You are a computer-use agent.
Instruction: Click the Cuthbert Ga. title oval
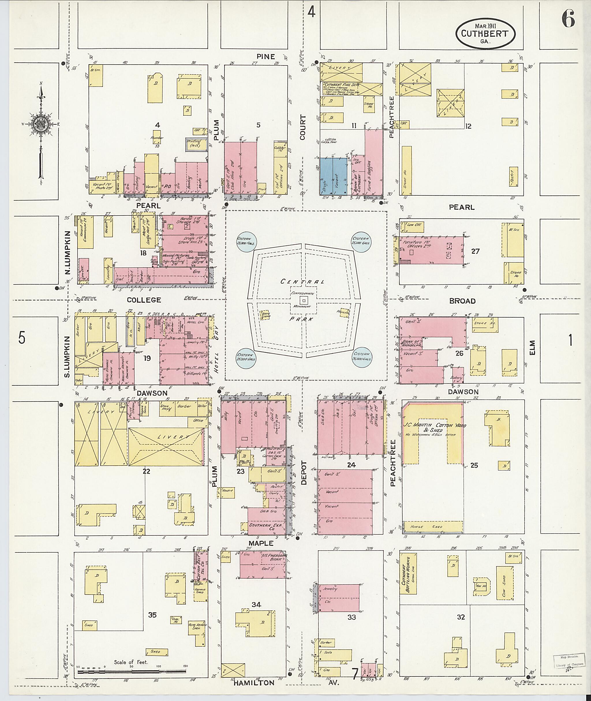(x=485, y=33)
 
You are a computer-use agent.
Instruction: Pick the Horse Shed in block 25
(x=432, y=527)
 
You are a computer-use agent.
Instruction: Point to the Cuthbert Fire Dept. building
(x=352, y=89)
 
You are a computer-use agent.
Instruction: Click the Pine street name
(x=266, y=57)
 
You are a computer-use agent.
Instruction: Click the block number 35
(x=152, y=615)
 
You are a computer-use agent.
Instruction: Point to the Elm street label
(x=533, y=347)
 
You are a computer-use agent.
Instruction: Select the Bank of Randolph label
(x=412, y=343)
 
